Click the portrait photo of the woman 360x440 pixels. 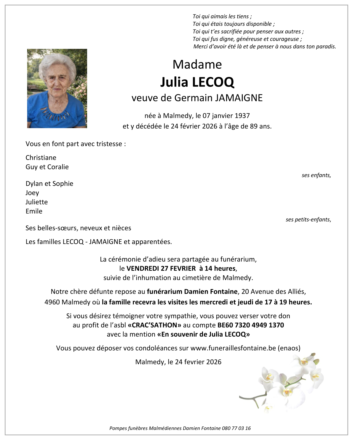point(57,88)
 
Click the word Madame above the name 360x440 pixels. point(197,64)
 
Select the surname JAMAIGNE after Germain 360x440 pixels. point(239,98)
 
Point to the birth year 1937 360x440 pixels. point(243,115)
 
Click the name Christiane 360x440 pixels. point(41,158)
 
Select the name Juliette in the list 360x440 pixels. point(37,202)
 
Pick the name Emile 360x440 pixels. point(34,211)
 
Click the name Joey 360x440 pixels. point(32,193)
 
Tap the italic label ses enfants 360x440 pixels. point(316,175)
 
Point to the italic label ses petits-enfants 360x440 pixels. point(308,219)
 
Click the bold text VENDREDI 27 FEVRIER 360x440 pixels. point(161,269)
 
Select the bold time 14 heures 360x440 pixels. point(221,269)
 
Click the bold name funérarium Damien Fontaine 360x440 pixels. point(192,291)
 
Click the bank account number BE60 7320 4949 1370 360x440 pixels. point(251,325)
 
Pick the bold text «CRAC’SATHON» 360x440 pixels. point(154,325)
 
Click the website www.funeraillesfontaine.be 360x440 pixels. point(233,348)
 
